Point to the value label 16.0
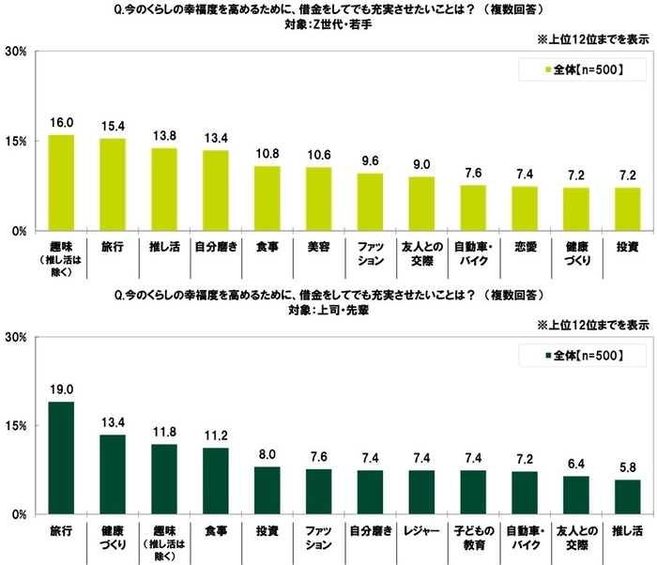pos(61,123)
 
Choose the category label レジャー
pos(422,530)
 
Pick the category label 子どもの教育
pos(474,536)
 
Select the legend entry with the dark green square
pos(583,355)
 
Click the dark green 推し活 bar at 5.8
pos(628,497)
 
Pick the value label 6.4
pos(576,464)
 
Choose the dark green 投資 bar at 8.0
pos(267,491)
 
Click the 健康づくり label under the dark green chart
pos(113,536)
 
